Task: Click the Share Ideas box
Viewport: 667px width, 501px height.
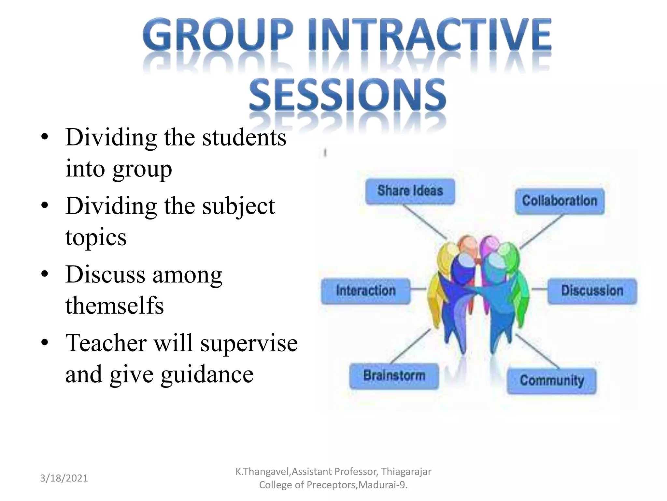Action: (410, 191)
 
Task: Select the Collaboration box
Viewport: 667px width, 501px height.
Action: (560, 201)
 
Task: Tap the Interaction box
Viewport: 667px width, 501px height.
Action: (366, 291)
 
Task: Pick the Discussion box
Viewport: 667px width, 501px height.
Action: (592, 291)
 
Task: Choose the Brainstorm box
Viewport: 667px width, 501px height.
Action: (394, 376)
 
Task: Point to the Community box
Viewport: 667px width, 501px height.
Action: (552, 381)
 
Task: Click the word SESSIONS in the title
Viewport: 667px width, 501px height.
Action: (347, 95)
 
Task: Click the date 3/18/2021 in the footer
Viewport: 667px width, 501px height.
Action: (64, 478)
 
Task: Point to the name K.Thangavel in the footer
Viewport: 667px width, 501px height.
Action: (262, 472)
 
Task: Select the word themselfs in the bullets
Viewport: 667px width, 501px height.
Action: (114, 306)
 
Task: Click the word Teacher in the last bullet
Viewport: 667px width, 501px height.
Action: (106, 343)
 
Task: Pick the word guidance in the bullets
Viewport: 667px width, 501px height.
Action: (207, 374)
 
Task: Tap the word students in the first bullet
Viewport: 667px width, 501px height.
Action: (244, 138)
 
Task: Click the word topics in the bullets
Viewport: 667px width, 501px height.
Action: (96, 237)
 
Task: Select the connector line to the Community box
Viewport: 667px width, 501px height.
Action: (537, 352)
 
